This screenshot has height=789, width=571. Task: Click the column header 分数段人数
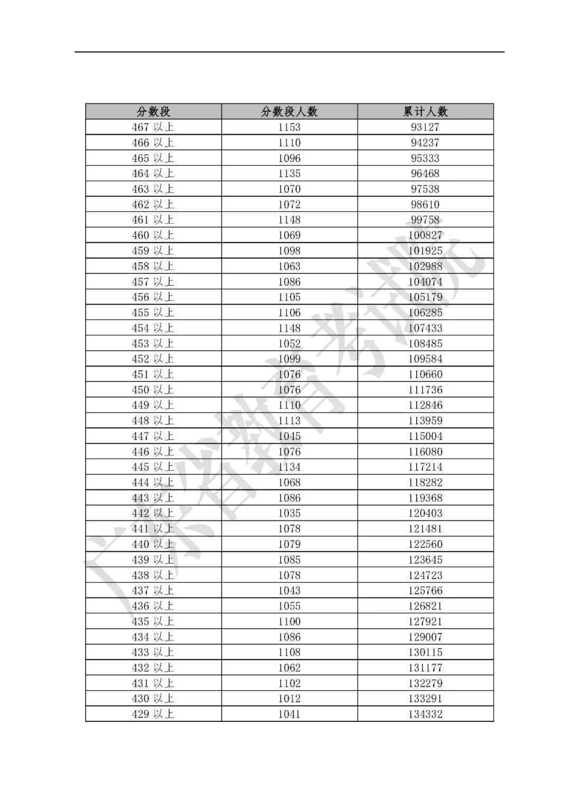tap(289, 112)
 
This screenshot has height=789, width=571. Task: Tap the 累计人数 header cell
tap(425, 112)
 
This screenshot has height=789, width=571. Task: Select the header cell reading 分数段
tap(153, 112)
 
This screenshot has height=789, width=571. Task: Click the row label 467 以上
tap(153, 127)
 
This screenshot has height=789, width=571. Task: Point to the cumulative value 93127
tap(425, 127)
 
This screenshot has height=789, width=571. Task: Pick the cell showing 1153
tap(289, 127)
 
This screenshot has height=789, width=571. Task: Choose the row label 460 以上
tap(153, 235)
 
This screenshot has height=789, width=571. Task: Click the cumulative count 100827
tap(425, 235)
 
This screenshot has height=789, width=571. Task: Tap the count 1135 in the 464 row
tap(289, 173)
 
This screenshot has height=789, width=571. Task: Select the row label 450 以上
tap(153, 390)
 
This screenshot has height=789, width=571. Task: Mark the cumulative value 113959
tap(425, 420)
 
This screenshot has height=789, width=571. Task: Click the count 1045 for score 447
tap(289, 436)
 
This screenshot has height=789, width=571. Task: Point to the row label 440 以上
tap(153, 544)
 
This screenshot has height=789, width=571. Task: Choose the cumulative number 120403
tap(425, 513)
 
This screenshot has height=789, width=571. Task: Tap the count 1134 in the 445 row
tap(289, 467)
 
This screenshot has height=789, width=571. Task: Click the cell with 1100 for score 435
tap(289, 621)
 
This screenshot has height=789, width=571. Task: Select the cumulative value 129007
tap(425, 637)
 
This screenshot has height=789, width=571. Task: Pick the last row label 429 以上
tap(153, 714)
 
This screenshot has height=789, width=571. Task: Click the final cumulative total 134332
tap(425, 714)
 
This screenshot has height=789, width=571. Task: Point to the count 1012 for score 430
tap(289, 699)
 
